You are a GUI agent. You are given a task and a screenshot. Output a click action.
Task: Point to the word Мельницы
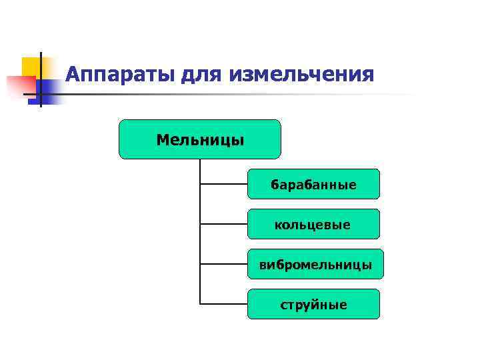[x=200, y=140]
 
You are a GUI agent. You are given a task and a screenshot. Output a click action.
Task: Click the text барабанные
[x=313, y=185]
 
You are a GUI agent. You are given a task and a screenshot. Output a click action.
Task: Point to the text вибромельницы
[x=315, y=265]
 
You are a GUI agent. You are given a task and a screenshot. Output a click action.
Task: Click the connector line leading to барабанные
[x=223, y=184]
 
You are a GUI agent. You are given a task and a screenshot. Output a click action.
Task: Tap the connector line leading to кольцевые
[x=223, y=224]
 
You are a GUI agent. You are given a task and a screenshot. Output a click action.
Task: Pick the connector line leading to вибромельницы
[x=223, y=264]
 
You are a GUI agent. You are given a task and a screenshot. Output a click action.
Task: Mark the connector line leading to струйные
[x=223, y=304]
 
